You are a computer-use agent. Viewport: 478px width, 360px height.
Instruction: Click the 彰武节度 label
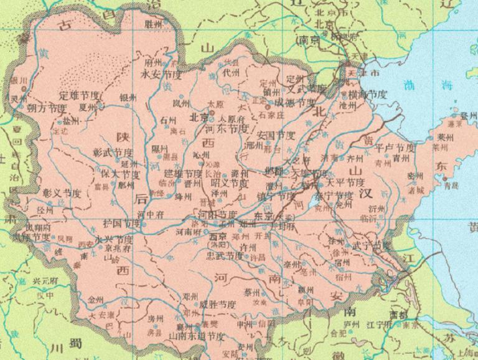point(113,153)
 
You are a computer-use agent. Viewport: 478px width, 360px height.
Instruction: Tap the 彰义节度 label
point(62,193)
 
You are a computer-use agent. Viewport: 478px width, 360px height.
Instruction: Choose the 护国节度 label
point(123,222)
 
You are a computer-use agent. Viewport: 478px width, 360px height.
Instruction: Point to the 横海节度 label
point(368,94)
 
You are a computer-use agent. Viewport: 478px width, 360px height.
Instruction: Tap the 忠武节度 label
point(225,255)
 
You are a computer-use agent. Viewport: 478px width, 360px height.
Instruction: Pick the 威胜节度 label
point(218,304)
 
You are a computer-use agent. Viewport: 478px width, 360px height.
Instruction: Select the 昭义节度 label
point(230,184)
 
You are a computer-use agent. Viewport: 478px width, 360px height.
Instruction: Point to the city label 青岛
point(451,185)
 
